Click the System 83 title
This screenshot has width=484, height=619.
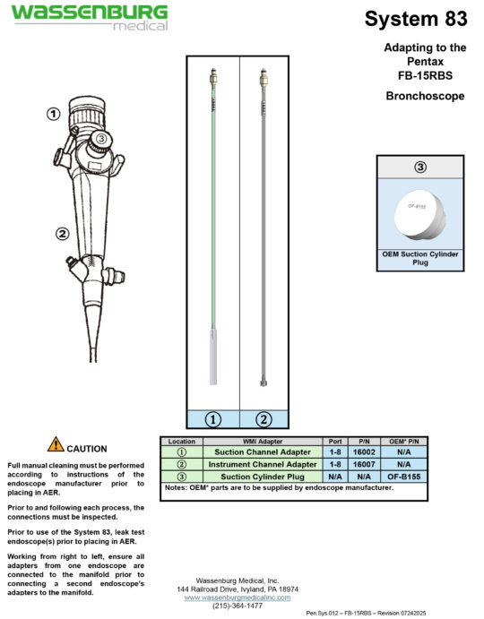(416, 18)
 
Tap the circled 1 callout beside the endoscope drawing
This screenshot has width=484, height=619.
(54, 114)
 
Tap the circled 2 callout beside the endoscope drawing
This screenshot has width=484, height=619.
(63, 235)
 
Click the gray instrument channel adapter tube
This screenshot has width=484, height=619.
(264, 224)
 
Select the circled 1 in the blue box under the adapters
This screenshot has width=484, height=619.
(213, 417)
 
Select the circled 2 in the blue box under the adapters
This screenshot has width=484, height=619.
(264, 417)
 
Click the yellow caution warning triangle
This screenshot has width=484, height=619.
(56, 444)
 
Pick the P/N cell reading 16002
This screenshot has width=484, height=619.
(364, 453)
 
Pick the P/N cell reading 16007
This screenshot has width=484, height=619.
(364, 465)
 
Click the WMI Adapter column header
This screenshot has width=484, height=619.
(263, 442)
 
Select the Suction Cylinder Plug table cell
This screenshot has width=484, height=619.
(263, 477)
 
